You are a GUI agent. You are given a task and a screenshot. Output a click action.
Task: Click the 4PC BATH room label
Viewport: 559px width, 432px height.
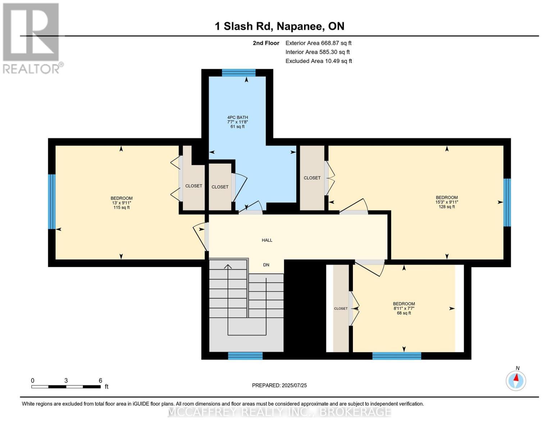(x=237, y=117)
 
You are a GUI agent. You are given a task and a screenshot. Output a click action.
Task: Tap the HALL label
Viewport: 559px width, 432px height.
(x=267, y=240)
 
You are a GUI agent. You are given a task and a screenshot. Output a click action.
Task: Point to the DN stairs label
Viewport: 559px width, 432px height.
(x=266, y=265)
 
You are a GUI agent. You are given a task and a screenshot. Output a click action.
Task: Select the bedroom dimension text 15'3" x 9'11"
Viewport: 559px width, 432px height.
(x=446, y=202)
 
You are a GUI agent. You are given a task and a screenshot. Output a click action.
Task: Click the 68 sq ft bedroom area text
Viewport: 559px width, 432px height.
(x=404, y=313)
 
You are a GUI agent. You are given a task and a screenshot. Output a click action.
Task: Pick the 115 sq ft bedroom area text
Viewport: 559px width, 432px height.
(x=122, y=207)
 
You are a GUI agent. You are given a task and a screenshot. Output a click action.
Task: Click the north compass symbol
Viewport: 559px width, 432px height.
(x=516, y=381)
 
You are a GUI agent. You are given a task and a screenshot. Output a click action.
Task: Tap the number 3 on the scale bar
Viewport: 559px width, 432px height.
(x=66, y=381)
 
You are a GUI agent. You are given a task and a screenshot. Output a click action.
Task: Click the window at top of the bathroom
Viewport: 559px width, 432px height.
(x=239, y=73)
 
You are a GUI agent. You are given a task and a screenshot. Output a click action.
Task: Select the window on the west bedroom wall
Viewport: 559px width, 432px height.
(x=52, y=202)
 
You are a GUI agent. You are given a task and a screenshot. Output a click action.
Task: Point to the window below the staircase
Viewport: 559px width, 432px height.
(x=245, y=356)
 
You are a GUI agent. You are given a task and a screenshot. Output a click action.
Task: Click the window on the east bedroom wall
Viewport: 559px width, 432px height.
(x=507, y=203)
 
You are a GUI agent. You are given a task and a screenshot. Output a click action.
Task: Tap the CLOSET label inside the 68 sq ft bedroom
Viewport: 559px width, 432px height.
(x=341, y=309)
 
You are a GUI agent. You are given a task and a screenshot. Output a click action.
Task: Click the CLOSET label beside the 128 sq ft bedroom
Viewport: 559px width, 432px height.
(x=312, y=178)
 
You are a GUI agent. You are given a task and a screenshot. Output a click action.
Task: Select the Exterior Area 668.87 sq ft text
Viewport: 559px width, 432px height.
(x=318, y=43)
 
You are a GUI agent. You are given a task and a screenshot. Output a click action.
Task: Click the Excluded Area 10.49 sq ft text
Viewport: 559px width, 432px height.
(x=319, y=61)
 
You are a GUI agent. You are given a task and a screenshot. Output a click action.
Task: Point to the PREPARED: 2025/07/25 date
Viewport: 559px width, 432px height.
(x=279, y=386)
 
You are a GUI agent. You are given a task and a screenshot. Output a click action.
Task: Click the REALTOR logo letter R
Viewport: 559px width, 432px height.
(x=31, y=32)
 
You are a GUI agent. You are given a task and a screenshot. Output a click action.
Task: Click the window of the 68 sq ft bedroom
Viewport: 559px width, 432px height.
(x=397, y=356)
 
